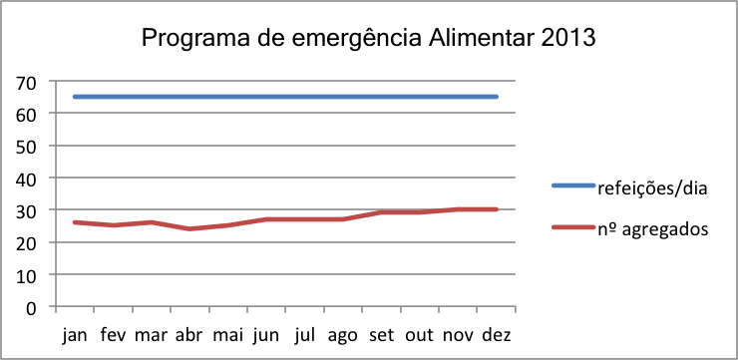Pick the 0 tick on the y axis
click(32, 306)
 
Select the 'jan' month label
click(75, 334)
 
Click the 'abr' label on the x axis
click(189, 334)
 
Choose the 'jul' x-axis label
click(305, 334)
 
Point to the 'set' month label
click(382, 334)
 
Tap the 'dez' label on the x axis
click(497, 334)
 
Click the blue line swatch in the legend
click(573, 185)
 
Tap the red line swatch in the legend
click(573, 229)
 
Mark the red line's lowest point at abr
click(189, 228)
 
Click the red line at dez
click(497, 209)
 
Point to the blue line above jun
click(266, 97)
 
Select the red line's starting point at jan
click(75, 222)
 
